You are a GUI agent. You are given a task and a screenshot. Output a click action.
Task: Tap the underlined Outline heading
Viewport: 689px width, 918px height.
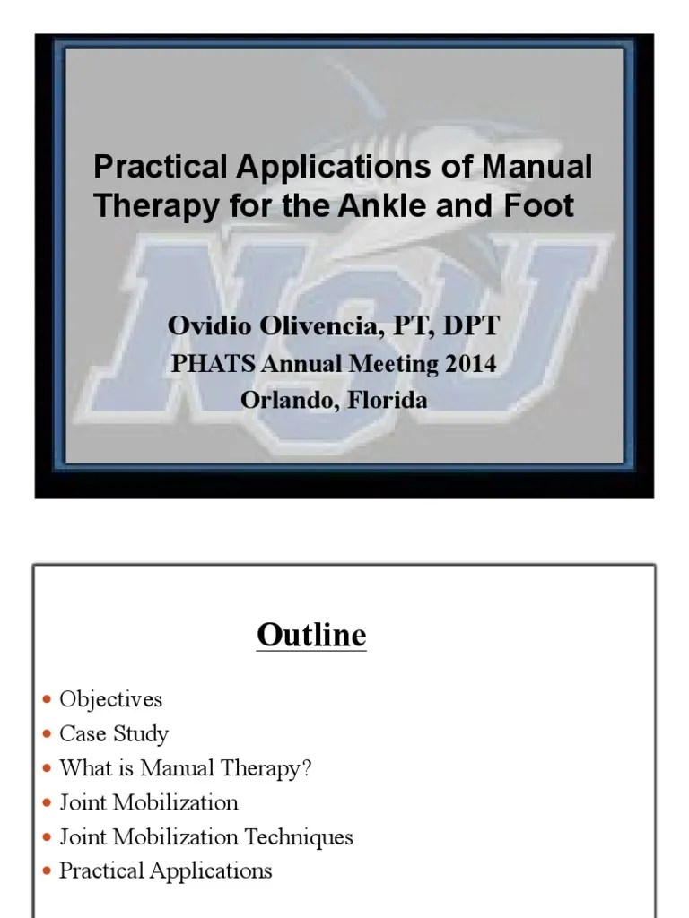[311, 636]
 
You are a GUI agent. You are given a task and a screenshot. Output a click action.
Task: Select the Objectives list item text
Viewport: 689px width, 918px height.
[111, 698]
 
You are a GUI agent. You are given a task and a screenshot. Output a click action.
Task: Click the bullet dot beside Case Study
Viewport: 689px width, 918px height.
[47, 735]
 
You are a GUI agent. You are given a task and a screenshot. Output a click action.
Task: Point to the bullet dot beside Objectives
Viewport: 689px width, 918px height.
[47, 699]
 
